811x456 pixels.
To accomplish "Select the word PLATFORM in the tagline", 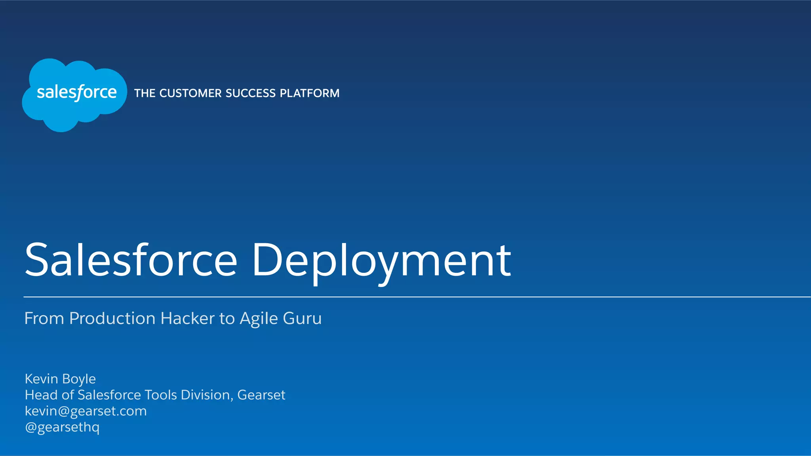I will (310, 93).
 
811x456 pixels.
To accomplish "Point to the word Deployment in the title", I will (381, 261).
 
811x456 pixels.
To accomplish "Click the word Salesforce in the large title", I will (131, 261).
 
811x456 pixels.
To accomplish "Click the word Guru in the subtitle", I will (302, 318).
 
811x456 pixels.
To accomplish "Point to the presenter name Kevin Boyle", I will (60, 379).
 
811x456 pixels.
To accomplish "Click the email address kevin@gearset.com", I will (86, 411).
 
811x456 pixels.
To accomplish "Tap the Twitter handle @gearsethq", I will (62, 428).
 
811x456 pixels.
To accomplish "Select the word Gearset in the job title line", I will (261, 395).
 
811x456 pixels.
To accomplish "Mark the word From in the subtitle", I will (44, 318).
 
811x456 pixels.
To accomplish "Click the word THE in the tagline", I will (145, 93).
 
